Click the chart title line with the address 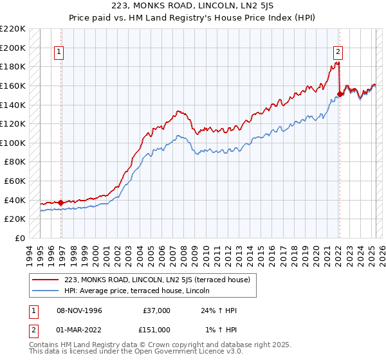[x=192, y=6]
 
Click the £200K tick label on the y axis [x=13, y=48]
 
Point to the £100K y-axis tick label [x=13, y=143]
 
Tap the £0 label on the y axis [x=20, y=238]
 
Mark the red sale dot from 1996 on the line [x=60, y=203]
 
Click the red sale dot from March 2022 [x=340, y=94]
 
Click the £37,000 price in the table [x=157, y=310]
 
